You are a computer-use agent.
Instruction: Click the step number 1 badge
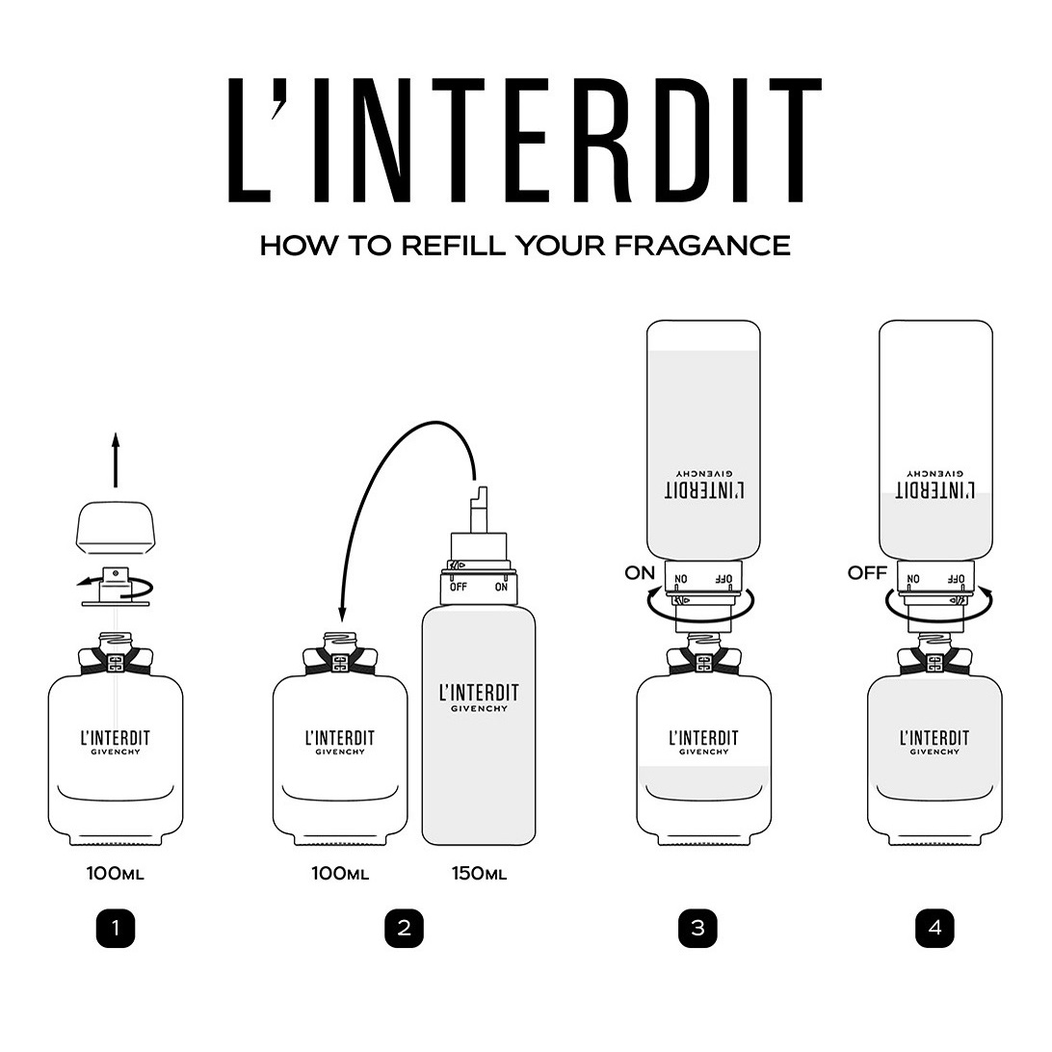[116, 928]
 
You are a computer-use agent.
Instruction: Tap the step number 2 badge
[404, 928]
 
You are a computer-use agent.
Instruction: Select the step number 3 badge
[697, 928]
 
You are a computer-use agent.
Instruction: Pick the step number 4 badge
[934, 928]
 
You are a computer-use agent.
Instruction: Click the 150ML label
[479, 874]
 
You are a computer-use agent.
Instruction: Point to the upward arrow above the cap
[116, 460]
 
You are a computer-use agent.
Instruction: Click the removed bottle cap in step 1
[116, 528]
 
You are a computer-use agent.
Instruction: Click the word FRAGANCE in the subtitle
[702, 246]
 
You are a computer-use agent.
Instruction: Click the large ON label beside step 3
[640, 573]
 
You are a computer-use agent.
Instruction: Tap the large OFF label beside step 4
[867, 573]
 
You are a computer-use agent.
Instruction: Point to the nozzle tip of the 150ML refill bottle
[479, 493]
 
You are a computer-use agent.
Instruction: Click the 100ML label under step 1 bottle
[116, 874]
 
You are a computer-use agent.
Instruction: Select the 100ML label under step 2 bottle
[340, 874]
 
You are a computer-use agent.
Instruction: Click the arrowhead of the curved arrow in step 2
[341, 614]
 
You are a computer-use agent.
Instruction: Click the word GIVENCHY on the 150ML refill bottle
[479, 708]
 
